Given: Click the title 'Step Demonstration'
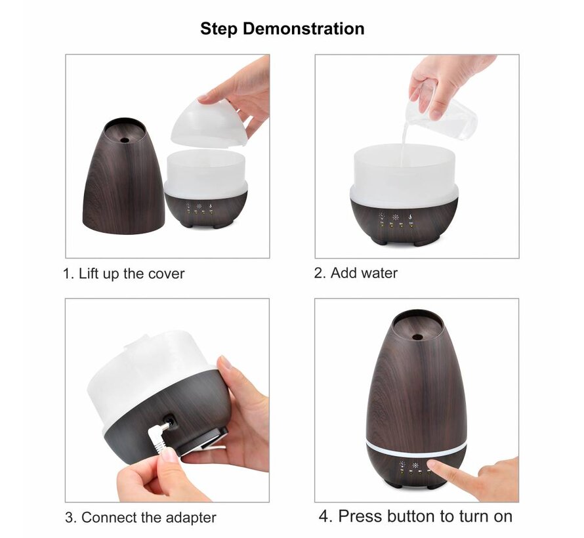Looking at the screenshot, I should [x=282, y=29].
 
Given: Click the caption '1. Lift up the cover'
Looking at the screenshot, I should [x=123, y=274].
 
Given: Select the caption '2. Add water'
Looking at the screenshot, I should [x=356, y=273].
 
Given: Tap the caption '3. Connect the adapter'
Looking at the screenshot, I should [x=140, y=518].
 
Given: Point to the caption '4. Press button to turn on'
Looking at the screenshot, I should [x=415, y=516].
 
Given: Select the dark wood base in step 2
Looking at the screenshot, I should [x=403, y=220].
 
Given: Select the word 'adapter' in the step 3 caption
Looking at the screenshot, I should [x=190, y=518].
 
